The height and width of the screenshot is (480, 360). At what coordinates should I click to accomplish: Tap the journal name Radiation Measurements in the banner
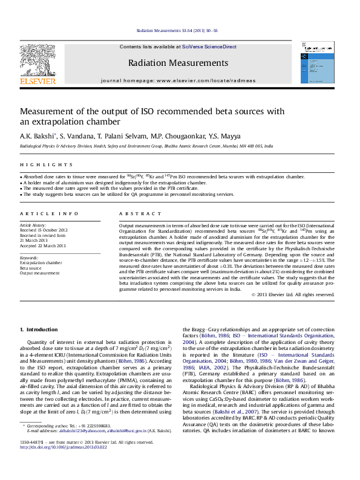(x=178, y=63)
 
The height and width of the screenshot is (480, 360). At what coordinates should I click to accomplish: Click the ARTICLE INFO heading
(x=48, y=214)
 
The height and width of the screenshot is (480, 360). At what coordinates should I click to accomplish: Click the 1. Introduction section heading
(x=39, y=329)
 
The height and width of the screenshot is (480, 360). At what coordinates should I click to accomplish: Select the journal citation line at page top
(x=177, y=30)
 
